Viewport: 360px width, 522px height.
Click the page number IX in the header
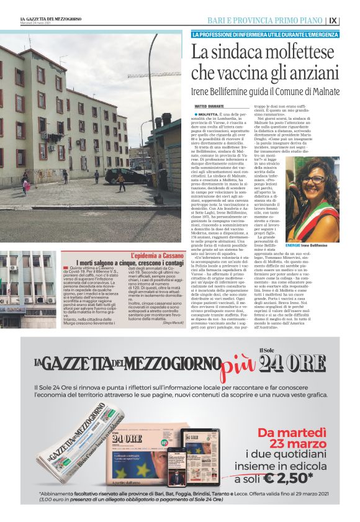(x=350, y=20)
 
